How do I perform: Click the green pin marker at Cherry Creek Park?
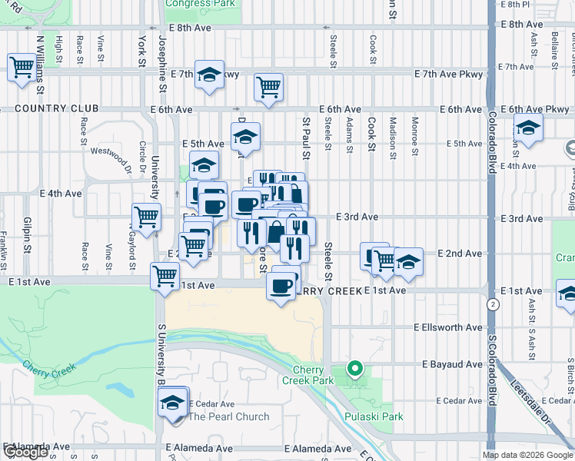pos(354,370)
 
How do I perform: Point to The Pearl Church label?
pos(229,416)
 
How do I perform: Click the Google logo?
pos(25,453)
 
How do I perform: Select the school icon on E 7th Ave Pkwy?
pos(209,75)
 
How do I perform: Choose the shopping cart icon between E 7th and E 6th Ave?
pos(268,88)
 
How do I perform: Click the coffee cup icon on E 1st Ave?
pos(281,285)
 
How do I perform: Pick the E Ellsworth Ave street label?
pos(447,327)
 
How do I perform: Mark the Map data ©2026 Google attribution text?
pos(527,455)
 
